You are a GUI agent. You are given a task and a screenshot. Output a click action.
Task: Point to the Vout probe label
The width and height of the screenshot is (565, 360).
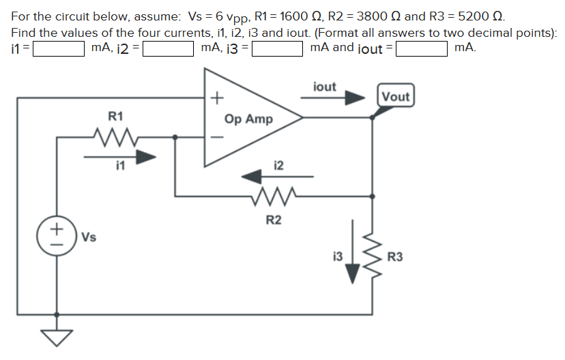click(x=396, y=96)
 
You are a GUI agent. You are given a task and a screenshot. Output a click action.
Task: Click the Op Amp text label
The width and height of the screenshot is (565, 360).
click(x=248, y=119)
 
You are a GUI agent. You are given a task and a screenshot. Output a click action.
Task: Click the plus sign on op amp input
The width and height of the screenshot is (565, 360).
click(x=216, y=98)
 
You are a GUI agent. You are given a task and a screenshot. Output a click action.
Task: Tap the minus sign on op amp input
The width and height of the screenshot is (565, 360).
click(x=216, y=136)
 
